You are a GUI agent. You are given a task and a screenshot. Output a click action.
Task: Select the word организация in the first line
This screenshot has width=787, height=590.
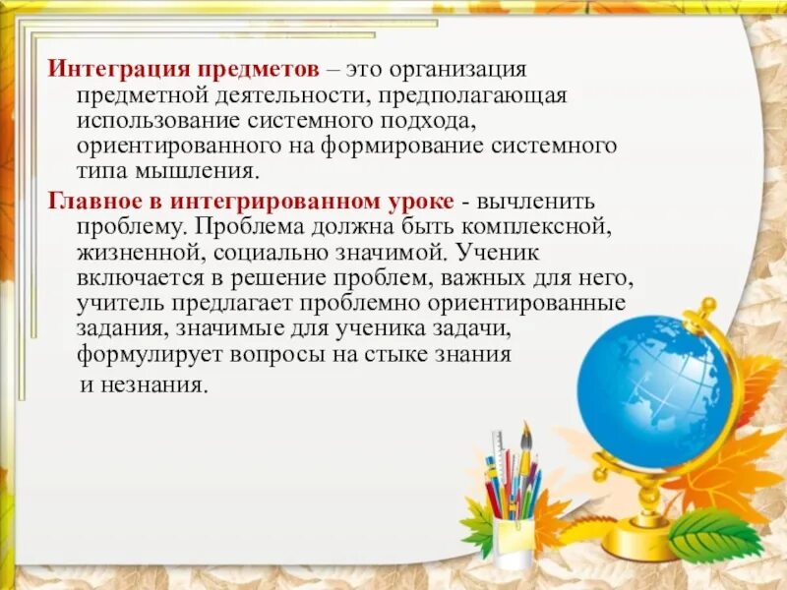click(458, 71)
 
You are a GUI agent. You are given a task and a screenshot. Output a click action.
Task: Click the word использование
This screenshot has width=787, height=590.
click(157, 120)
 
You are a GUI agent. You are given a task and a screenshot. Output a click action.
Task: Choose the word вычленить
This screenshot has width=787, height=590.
click(536, 201)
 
